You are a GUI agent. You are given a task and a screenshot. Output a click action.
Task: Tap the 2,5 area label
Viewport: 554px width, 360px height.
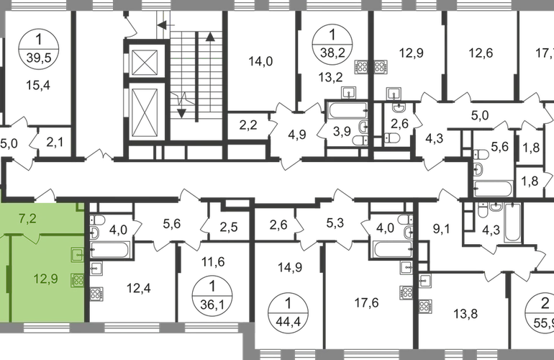[x=229, y=229]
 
